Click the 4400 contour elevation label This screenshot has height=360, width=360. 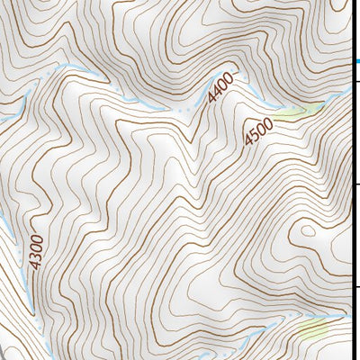(x=220, y=86)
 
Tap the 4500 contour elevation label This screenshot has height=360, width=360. (x=258, y=131)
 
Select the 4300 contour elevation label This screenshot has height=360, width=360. (x=36, y=251)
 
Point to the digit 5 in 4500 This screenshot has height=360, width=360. (x=253, y=136)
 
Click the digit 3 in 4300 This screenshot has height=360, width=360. (x=36, y=255)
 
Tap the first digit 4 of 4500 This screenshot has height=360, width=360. (x=247, y=142)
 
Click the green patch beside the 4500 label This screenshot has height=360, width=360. (x=297, y=112)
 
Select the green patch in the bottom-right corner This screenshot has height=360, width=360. (x=315, y=330)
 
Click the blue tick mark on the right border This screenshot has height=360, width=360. (x=355, y=62)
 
